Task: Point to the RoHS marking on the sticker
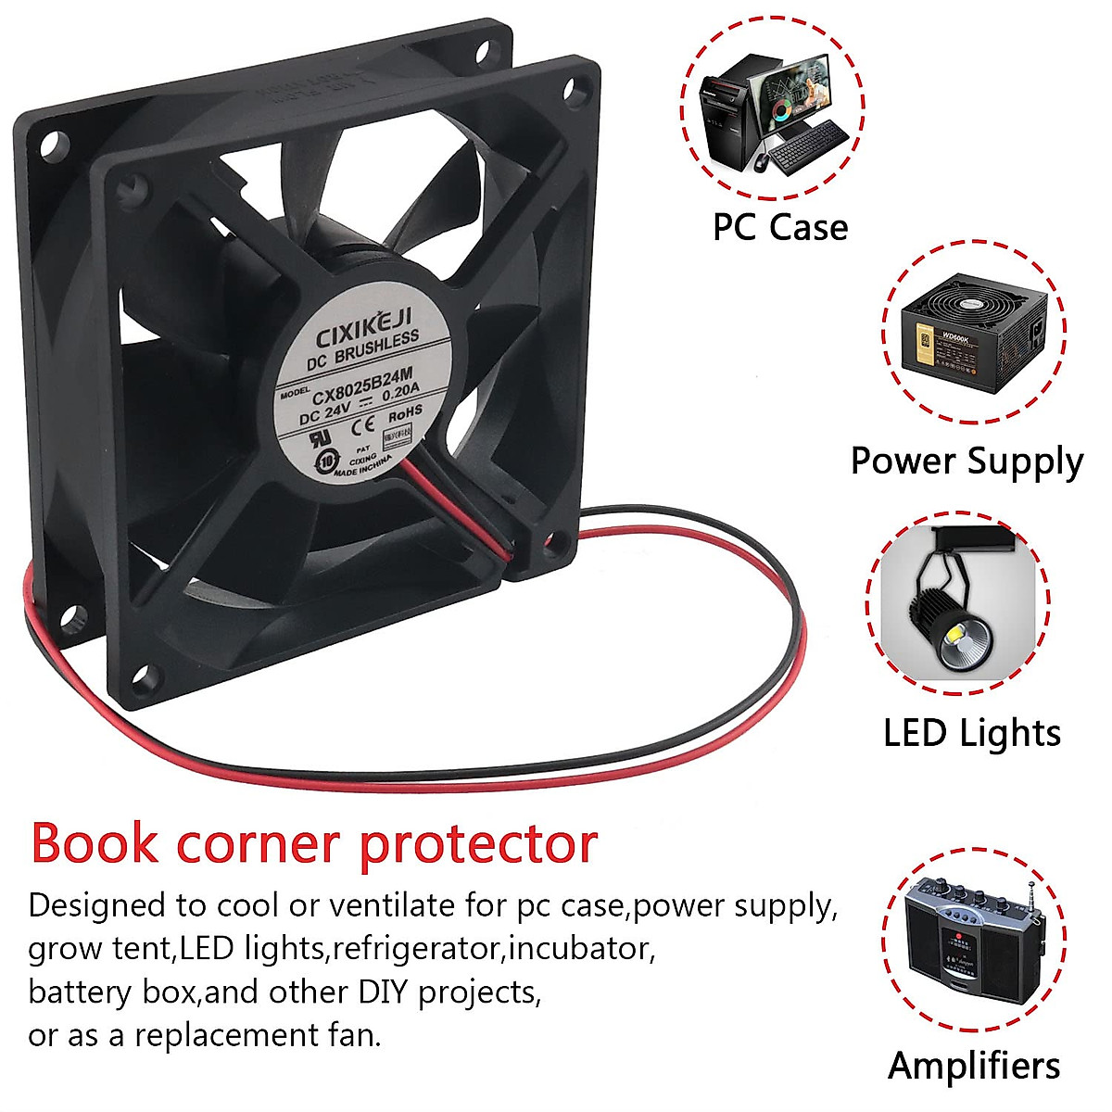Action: (x=405, y=411)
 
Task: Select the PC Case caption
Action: (x=779, y=227)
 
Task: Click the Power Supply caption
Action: (x=967, y=461)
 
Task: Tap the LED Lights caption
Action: (x=971, y=733)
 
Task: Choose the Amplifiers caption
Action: (x=973, y=1066)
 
